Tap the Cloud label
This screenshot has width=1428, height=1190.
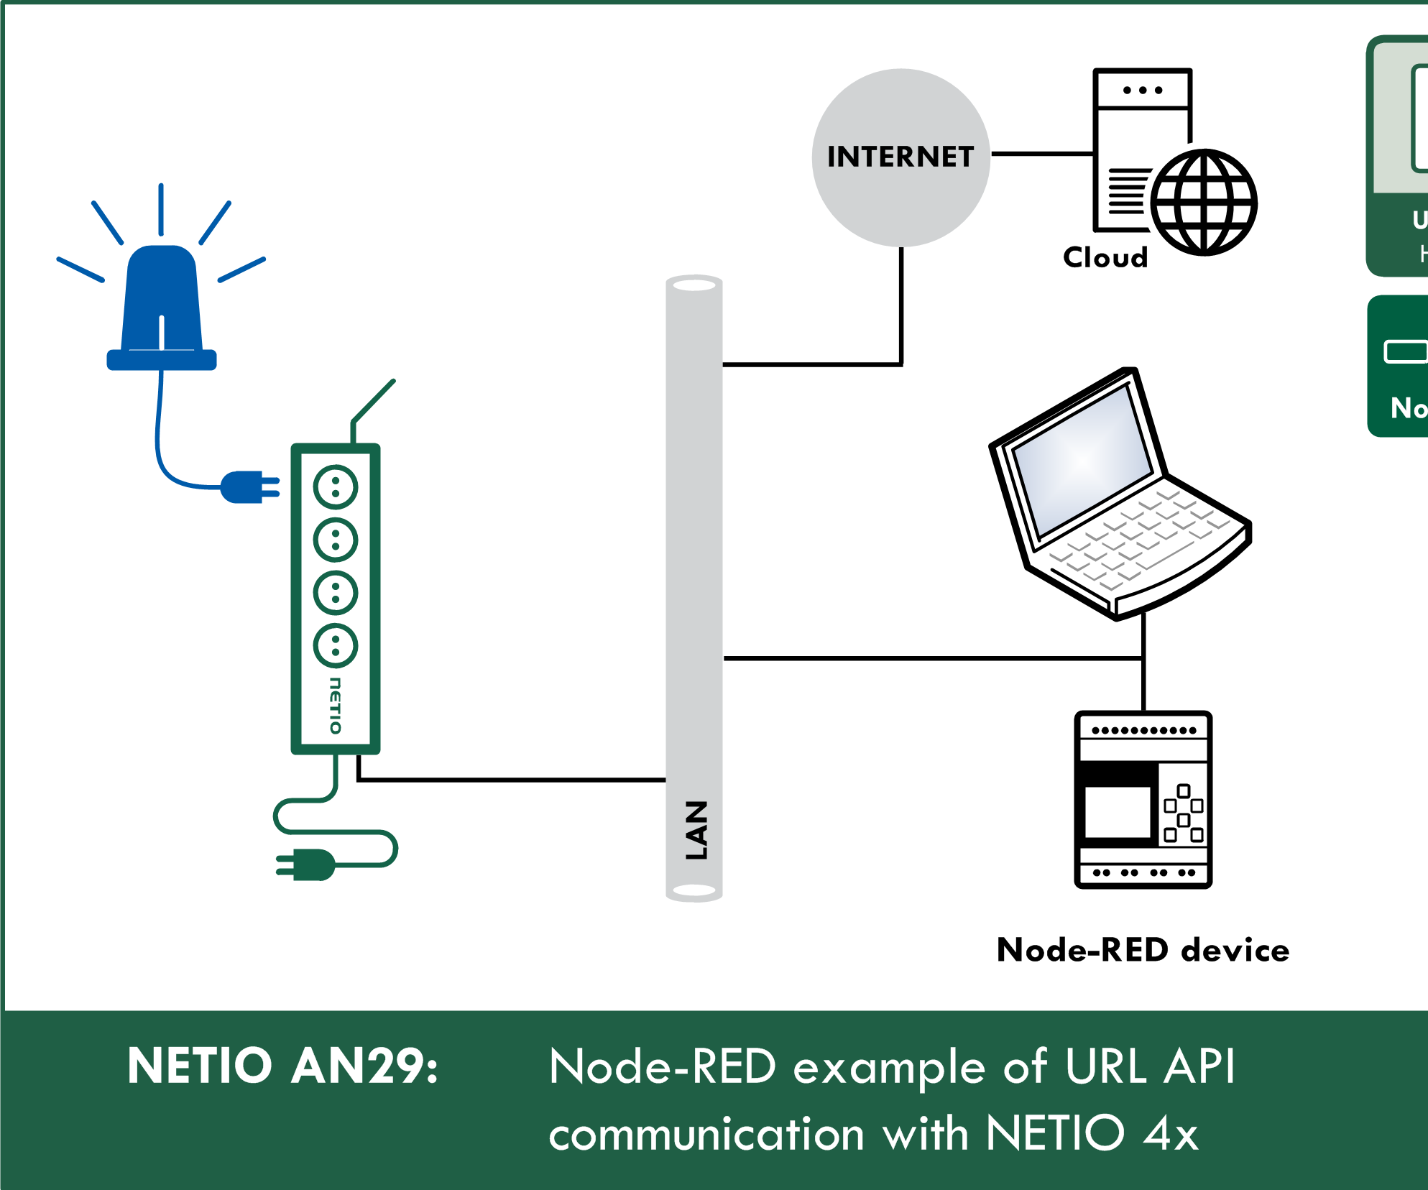pos(1105,257)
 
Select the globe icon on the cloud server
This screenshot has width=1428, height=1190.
pos(1204,202)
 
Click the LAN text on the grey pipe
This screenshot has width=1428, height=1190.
pos(696,830)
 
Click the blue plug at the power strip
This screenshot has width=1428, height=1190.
pos(248,487)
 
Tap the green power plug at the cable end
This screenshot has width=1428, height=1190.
pos(309,864)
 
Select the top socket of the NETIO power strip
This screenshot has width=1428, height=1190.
pos(336,487)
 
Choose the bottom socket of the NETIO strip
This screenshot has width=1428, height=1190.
pos(336,645)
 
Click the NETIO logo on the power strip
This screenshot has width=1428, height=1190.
pos(336,705)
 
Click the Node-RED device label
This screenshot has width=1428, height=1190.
pos(1143,950)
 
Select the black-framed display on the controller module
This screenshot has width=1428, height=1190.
pos(1118,812)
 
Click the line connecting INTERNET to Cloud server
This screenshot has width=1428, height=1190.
pos(1042,154)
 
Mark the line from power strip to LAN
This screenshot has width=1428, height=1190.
pos(510,780)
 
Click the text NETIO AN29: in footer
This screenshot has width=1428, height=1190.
pos(282,1066)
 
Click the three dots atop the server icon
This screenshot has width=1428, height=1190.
pos(1143,91)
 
